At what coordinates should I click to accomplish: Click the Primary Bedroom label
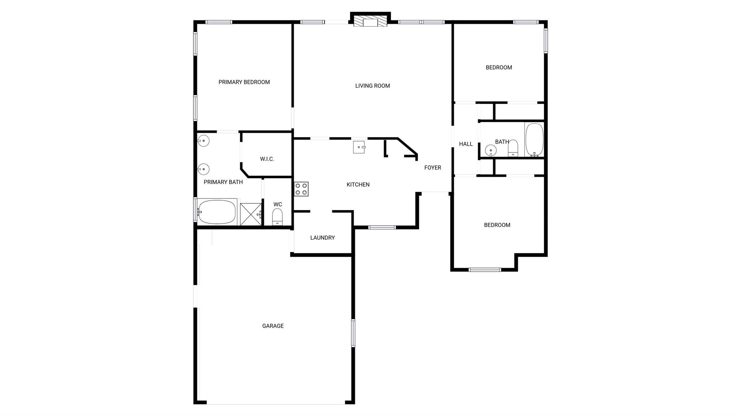pos(244,82)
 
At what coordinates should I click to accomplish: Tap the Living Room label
pos(373,86)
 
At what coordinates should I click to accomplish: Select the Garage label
pos(273,326)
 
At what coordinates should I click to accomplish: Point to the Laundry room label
pos(322,237)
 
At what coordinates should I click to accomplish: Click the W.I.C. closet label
pos(267,159)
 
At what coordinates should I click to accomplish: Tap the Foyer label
pos(433,168)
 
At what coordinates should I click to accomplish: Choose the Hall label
pos(466,144)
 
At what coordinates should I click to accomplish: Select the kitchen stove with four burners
pos(301,189)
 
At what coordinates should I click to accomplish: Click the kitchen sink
pos(359,147)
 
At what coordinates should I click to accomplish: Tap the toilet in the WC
pos(277,217)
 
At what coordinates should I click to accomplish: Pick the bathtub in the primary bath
pos(217,212)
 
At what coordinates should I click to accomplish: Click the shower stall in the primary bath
pos(251,214)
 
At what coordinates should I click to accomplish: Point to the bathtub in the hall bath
pos(534,140)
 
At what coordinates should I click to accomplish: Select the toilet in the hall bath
pos(513,149)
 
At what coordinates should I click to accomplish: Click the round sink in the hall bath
pos(491,150)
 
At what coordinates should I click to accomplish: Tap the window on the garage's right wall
pos(353,333)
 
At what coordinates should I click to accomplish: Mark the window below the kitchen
pos(382,227)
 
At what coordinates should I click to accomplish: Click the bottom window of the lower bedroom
pos(485,270)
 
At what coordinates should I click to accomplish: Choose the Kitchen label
pos(358,185)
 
